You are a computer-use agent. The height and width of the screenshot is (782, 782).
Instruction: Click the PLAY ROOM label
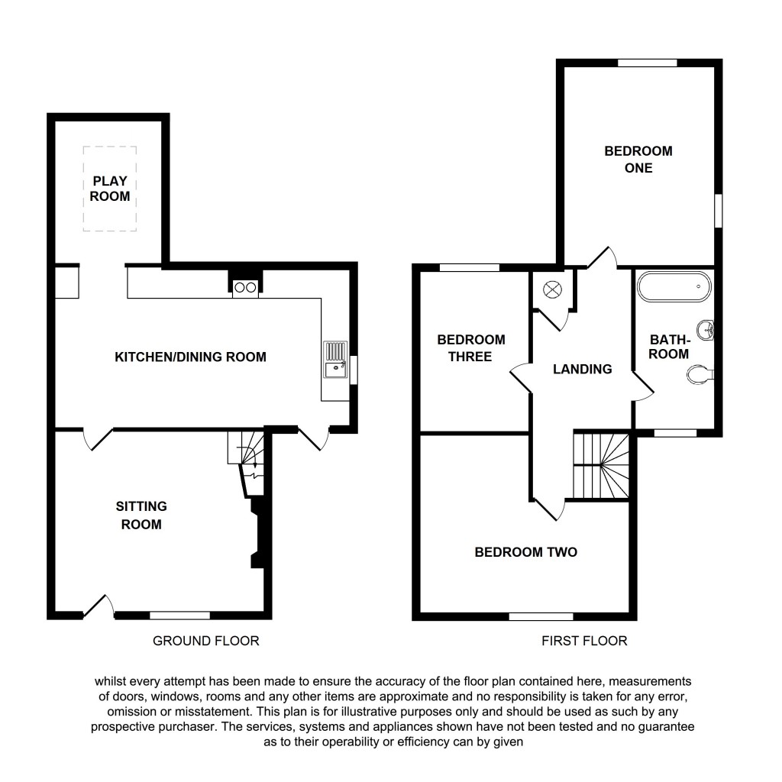pos(110,189)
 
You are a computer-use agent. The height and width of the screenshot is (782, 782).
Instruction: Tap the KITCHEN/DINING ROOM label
pos(190,357)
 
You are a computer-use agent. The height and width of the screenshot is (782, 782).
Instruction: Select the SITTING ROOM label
pos(141,515)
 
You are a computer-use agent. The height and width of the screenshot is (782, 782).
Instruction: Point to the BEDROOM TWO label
pos(525,552)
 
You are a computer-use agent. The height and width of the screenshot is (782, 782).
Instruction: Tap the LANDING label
pos(583,370)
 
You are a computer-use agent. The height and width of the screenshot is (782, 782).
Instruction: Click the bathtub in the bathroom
pos(674,287)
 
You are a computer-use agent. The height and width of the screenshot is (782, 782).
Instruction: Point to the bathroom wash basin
pos(706,330)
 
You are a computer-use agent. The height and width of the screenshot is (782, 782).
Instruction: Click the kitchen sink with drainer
pos(335,361)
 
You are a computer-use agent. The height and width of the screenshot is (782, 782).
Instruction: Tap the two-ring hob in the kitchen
pos(245,288)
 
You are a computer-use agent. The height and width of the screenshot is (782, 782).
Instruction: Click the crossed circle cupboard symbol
pos(552,290)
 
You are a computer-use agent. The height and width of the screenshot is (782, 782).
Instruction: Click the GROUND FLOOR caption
pos(206,641)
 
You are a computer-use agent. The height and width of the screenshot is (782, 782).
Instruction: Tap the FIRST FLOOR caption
pos(584,641)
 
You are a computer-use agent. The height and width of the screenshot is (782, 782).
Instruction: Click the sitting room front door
pos(99,606)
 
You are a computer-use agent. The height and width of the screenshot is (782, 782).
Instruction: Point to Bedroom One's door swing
pos(603,257)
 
